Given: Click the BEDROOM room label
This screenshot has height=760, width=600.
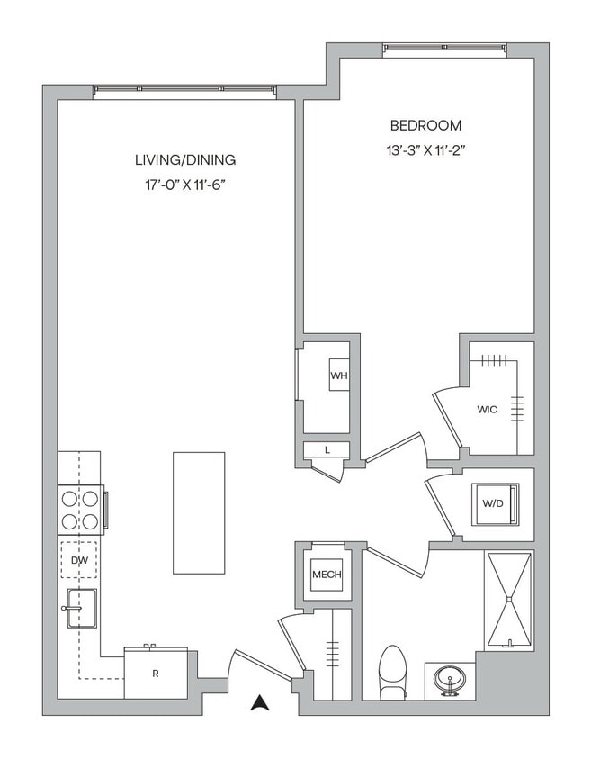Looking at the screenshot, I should (425, 125).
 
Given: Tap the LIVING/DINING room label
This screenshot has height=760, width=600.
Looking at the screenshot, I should (184, 160).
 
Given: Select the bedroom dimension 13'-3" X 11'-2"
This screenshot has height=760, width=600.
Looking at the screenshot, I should (425, 151).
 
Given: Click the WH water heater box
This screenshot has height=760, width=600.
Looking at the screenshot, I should (339, 375).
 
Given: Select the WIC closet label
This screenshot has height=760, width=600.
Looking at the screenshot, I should (487, 409).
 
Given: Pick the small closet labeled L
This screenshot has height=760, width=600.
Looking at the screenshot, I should (326, 449).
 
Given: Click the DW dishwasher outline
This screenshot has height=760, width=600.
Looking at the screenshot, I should (78, 560).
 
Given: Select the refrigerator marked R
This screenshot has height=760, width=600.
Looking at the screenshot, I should (156, 672).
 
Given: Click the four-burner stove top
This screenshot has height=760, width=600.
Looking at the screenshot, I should (79, 510).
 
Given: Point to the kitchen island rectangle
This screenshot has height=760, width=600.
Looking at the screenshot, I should (199, 512).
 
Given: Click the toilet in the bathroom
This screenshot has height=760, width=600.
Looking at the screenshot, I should (393, 671).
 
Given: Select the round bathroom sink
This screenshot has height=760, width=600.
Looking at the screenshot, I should (449, 677).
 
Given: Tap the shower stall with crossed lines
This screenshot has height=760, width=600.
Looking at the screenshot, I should (508, 600).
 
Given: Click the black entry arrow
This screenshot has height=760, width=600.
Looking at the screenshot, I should (260, 702).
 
